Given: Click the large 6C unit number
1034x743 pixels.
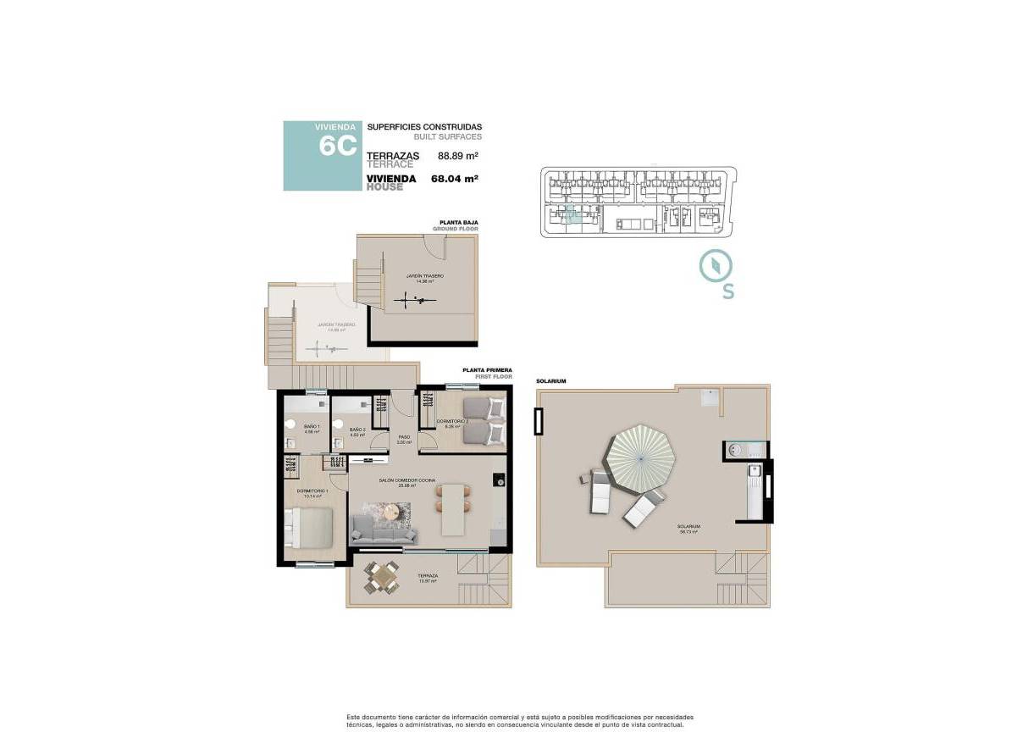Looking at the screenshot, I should pyautogui.click(x=336, y=146).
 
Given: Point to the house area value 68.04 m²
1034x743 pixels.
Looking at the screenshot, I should pyautogui.click(x=455, y=179).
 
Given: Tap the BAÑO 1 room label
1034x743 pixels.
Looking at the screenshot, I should pyautogui.click(x=311, y=428).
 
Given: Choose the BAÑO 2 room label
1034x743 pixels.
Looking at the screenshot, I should pyautogui.click(x=357, y=431).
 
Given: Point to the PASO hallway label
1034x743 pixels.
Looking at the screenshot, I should pyautogui.click(x=405, y=439).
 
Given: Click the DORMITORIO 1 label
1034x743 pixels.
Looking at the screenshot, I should pyautogui.click(x=312, y=492).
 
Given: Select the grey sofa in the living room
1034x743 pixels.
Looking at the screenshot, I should pyautogui.click(x=384, y=530).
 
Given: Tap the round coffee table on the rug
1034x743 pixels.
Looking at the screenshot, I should pyautogui.click(x=392, y=510).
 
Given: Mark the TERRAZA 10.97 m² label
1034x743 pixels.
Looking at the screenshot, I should pyautogui.click(x=426, y=579).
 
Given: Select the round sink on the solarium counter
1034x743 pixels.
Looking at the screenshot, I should pyautogui.click(x=734, y=450).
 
